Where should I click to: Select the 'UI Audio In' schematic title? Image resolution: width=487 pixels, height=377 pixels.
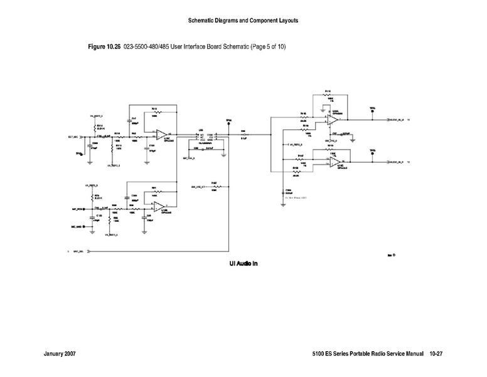(x=239, y=263)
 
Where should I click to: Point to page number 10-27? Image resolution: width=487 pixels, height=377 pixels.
(x=437, y=356)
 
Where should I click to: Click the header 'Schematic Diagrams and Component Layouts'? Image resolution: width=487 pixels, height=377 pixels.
(x=243, y=21)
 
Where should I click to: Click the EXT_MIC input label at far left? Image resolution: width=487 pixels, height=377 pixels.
(x=73, y=136)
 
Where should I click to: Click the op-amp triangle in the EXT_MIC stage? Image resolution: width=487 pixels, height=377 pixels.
(x=161, y=134)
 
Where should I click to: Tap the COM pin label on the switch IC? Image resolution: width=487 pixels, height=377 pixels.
(x=210, y=134)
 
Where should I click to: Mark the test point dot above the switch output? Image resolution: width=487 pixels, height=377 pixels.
(x=228, y=123)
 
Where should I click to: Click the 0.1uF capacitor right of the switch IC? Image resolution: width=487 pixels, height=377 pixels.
(x=243, y=134)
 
